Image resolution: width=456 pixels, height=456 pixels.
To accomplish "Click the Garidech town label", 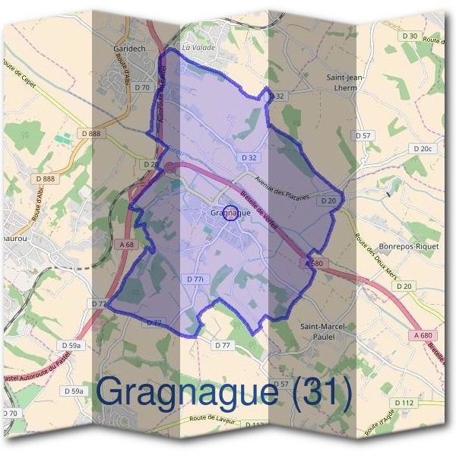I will click(x=129, y=46).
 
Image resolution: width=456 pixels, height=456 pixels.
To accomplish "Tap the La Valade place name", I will click(x=198, y=48).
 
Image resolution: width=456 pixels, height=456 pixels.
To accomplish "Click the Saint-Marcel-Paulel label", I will click(x=324, y=331).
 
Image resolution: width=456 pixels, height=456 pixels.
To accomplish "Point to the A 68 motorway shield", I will click(x=127, y=245).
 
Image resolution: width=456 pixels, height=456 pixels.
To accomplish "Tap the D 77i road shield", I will click(x=195, y=280).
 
